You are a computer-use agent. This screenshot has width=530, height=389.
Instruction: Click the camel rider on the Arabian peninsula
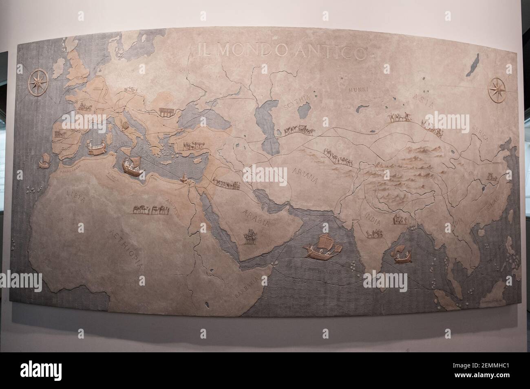coord(250,236)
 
